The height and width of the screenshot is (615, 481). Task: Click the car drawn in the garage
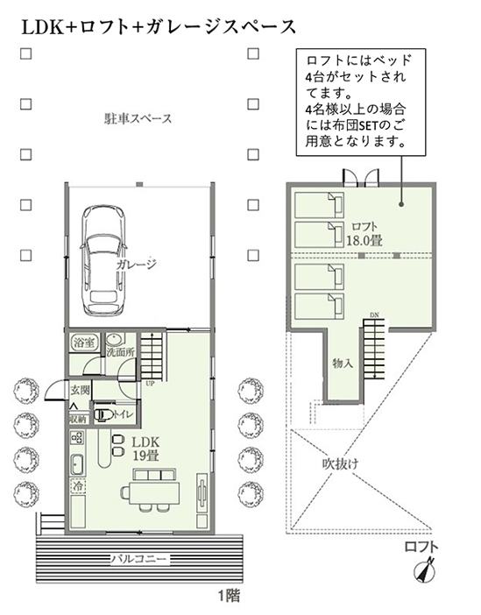[104, 260]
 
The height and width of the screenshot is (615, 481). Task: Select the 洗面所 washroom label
[121, 352]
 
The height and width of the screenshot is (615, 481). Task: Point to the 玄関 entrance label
[80, 391]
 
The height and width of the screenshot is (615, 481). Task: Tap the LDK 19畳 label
[145, 449]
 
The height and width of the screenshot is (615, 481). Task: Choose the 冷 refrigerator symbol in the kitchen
[78, 486]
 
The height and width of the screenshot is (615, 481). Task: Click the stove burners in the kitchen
[77, 437]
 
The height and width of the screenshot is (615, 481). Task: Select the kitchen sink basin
[77, 465]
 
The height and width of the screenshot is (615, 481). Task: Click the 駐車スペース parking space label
[138, 118]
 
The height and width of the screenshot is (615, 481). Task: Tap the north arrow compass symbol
[425, 570]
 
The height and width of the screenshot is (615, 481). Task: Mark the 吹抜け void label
[340, 464]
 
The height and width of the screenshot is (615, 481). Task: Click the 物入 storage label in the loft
[343, 364]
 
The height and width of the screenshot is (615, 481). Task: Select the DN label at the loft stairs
[374, 315]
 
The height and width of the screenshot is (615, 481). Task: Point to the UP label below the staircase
[150, 384]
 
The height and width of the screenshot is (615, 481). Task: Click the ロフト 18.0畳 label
[364, 234]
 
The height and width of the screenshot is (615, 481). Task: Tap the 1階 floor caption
[229, 596]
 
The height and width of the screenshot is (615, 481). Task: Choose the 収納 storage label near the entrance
[78, 419]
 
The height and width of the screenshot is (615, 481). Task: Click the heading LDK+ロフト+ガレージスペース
[158, 27]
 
